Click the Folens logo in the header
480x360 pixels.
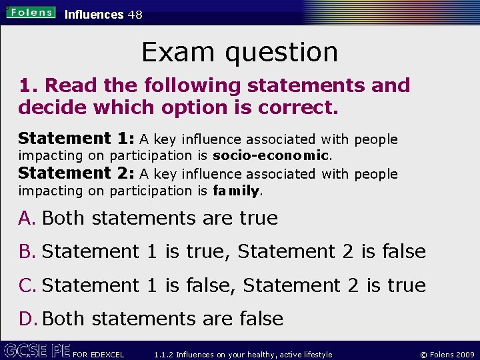click(x=30, y=12)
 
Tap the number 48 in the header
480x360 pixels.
click(x=135, y=14)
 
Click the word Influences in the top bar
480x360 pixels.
click(x=94, y=14)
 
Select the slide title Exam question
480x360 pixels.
click(x=239, y=52)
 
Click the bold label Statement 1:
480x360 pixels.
click(x=77, y=139)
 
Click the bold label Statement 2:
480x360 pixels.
click(x=77, y=173)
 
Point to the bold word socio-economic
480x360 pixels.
click(x=271, y=156)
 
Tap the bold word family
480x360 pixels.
click(x=236, y=191)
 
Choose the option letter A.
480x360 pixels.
click(x=27, y=218)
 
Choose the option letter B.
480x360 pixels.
click(x=27, y=251)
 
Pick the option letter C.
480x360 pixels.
click(x=27, y=285)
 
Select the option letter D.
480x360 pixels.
click(x=28, y=319)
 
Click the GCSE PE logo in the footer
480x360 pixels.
click(x=36, y=350)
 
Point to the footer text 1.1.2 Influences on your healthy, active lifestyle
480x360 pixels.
click(x=243, y=355)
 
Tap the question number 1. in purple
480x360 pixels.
click(x=29, y=85)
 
